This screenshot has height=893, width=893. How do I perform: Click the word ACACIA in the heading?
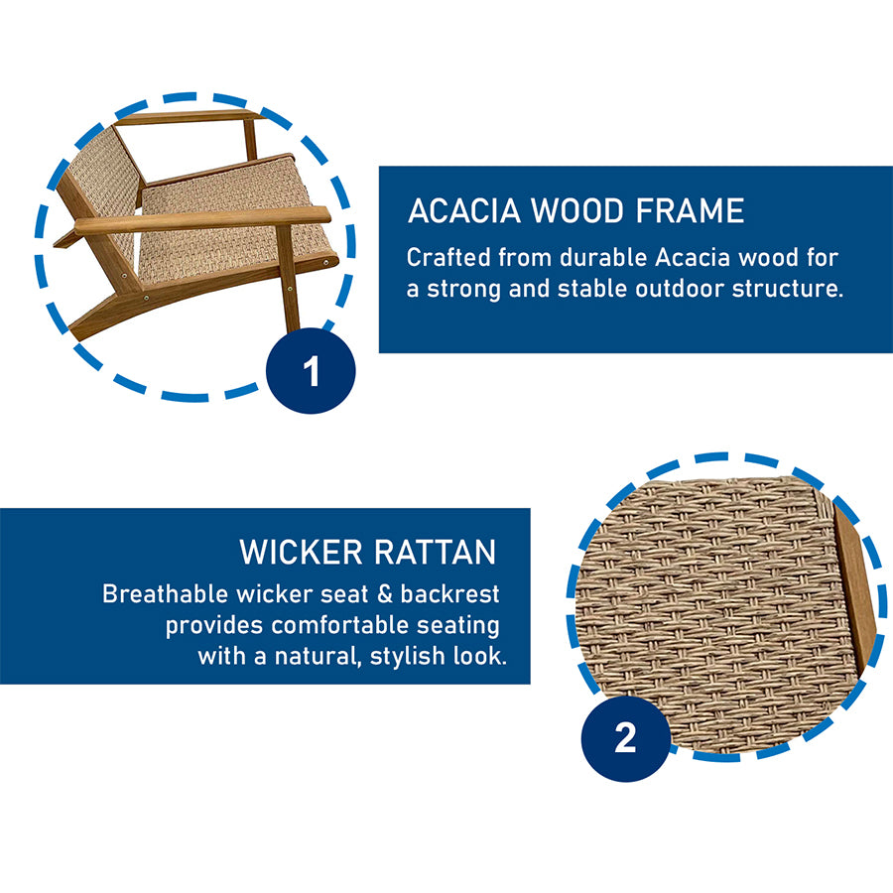[464, 210]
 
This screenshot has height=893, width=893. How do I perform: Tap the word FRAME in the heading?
[690, 210]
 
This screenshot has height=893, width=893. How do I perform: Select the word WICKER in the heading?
[301, 552]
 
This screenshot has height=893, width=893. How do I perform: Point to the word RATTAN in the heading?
[436, 552]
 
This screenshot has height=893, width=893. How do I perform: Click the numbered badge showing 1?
[311, 371]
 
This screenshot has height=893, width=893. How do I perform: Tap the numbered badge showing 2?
[625, 738]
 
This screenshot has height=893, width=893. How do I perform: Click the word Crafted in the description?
[448, 257]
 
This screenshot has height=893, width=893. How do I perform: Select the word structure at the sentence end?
[788, 288]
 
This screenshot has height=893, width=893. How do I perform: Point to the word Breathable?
[165, 594]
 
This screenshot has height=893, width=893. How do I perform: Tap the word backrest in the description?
[449, 594]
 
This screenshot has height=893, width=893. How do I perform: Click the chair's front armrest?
[202, 219]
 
